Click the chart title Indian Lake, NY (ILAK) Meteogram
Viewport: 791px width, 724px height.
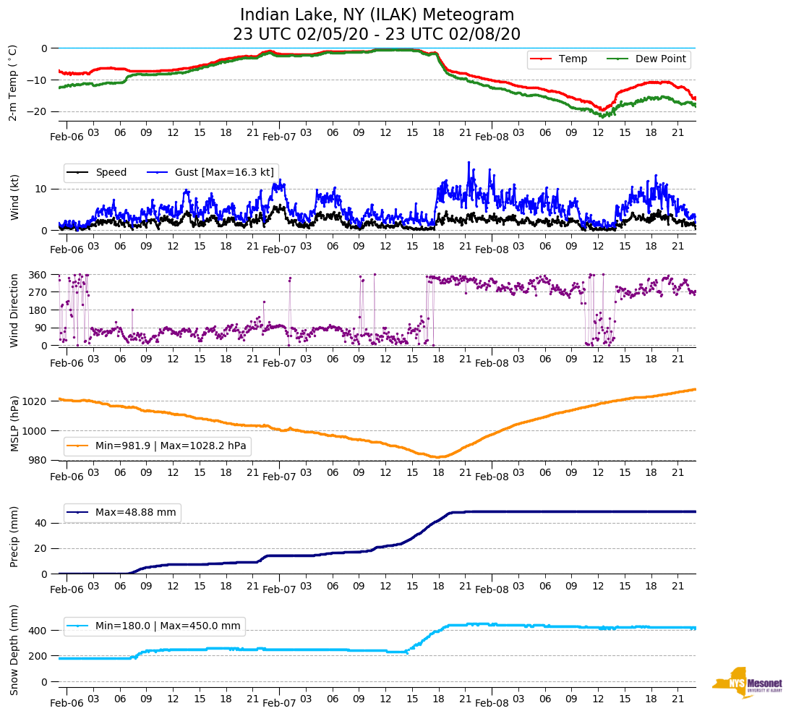[x=377, y=15]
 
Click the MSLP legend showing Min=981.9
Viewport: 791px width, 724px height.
[x=171, y=446]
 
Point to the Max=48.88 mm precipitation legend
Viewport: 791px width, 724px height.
[x=135, y=512]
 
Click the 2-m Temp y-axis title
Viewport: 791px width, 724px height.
[x=12, y=82]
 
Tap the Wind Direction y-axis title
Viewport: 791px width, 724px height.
[x=14, y=310]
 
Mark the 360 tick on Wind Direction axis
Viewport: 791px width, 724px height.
[x=38, y=275]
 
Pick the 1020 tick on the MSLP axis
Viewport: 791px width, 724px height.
[x=36, y=401]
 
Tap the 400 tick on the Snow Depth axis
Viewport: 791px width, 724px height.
[x=38, y=631]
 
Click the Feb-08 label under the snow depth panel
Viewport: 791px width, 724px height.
[x=492, y=703]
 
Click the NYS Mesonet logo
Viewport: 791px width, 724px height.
[x=746, y=683]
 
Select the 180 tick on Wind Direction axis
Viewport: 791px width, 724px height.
[x=38, y=310]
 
